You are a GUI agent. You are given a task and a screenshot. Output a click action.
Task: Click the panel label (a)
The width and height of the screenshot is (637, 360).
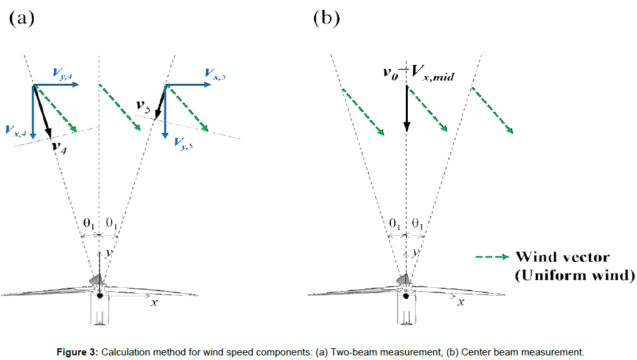pos(21,18)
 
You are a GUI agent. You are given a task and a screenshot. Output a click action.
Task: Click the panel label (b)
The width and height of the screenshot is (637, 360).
pos(327,18)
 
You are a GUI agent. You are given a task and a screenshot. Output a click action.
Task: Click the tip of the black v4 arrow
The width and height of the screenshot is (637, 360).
pos(50,138)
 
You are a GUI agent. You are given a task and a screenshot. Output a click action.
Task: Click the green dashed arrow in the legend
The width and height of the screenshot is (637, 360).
pos(492,257)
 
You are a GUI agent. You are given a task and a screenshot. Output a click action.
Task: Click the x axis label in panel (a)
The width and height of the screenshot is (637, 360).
pos(153,302)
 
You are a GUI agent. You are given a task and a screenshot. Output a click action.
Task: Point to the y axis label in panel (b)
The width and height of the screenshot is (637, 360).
pos(414,251)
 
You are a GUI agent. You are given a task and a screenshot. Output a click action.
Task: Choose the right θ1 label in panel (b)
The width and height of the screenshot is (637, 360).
pos(418,223)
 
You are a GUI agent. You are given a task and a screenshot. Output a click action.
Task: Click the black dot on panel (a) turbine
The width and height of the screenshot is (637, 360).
pos(99,296)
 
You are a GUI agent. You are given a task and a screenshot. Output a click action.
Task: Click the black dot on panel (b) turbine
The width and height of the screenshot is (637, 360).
pos(406,296)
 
